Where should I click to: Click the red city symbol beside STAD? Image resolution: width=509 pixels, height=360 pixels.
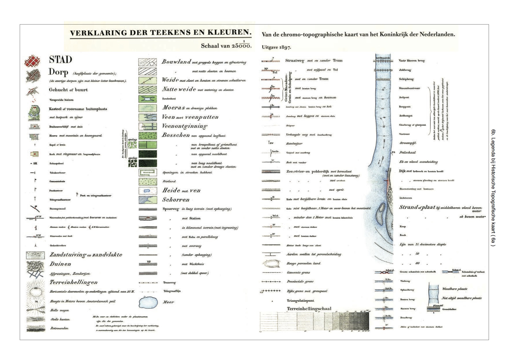click(x=32, y=61)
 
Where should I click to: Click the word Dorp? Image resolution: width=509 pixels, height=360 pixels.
click(x=58, y=72)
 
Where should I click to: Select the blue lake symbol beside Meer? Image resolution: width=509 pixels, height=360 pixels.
click(x=148, y=302)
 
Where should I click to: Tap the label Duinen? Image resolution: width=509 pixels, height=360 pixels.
click(x=60, y=264)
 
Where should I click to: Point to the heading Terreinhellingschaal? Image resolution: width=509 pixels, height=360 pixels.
click(x=309, y=309)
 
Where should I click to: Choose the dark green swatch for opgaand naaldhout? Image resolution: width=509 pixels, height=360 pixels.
click(x=148, y=154)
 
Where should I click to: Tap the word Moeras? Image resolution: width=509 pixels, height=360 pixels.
click(x=173, y=108)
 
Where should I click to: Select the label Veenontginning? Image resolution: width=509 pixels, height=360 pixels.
click(x=184, y=126)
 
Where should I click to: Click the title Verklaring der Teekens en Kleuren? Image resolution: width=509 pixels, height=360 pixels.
click(x=161, y=33)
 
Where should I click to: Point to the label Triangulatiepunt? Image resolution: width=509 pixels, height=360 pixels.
click(x=301, y=300)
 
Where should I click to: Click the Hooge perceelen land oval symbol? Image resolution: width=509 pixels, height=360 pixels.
click(x=271, y=264)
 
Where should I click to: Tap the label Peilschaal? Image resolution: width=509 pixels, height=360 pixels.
click(x=407, y=152)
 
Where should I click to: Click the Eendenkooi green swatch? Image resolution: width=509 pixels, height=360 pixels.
click(x=148, y=99)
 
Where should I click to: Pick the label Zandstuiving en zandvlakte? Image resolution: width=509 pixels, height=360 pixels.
click(x=86, y=255)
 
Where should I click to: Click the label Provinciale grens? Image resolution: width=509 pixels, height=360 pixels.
click(x=300, y=281)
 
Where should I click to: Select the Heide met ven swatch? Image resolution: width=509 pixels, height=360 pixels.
click(x=148, y=191)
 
